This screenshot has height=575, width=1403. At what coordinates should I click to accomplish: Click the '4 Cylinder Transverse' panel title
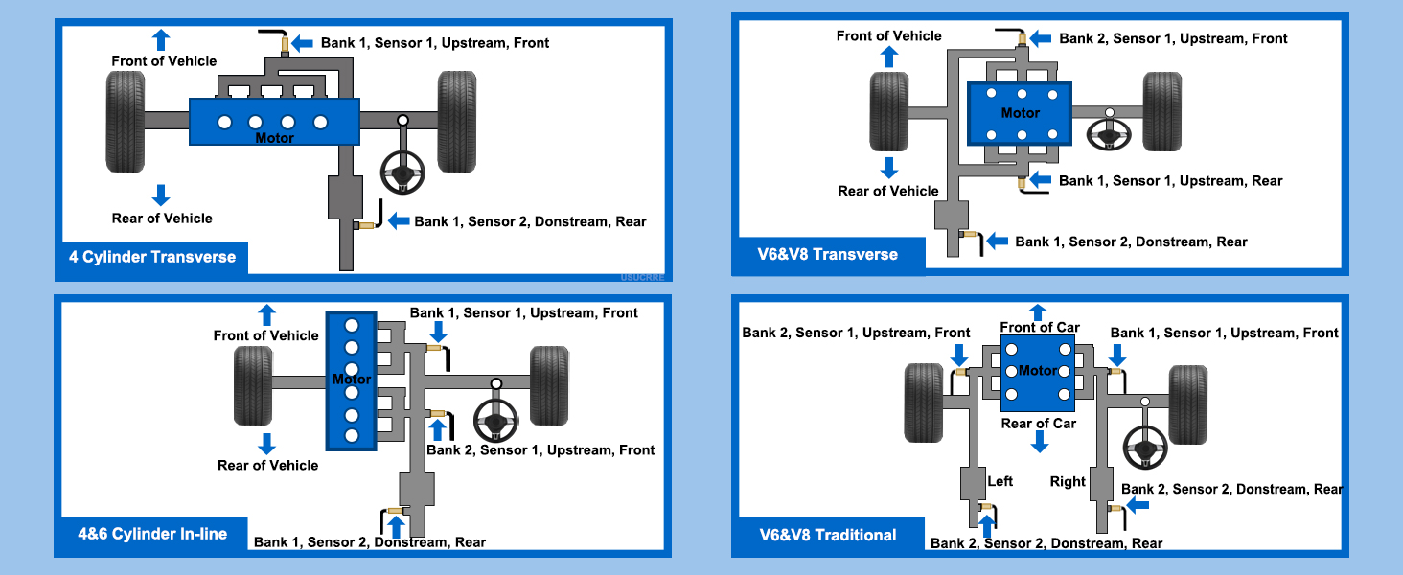pyautogui.click(x=152, y=257)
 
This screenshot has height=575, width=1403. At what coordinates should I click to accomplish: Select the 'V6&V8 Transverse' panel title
pyautogui.click(x=827, y=254)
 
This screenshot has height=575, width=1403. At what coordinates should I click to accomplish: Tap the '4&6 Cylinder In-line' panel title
pyautogui.click(x=152, y=534)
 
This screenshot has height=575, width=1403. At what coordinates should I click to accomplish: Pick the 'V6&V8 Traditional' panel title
pyautogui.click(x=827, y=535)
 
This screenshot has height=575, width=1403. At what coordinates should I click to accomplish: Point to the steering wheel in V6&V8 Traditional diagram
pyautogui.click(x=1145, y=448)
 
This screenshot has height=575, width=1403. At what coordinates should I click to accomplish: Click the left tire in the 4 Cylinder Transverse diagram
pyautogui.click(x=126, y=122)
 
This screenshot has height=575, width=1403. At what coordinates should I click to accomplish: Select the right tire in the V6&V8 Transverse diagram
pyautogui.click(x=1161, y=111)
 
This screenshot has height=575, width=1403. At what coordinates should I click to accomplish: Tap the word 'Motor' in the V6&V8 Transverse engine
pyautogui.click(x=1021, y=113)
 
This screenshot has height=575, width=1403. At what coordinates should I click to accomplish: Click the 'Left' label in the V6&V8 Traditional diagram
pyautogui.click(x=1000, y=481)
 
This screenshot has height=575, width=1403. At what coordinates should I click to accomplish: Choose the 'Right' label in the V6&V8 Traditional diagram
pyautogui.click(x=1068, y=481)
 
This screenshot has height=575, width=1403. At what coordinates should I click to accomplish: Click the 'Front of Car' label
pyautogui.click(x=1040, y=327)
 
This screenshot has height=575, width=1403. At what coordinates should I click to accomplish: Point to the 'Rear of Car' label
pyautogui.click(x=1039, y=424)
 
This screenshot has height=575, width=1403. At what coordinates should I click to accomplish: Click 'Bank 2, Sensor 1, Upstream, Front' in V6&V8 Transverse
pyautogui.click(x=1173, y=38)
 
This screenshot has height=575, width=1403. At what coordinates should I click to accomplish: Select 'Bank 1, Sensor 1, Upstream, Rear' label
pyautogui.click(x=1171, y=180)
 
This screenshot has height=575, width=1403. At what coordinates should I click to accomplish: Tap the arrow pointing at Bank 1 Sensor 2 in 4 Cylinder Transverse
pyautogui.click(x=399, y=220)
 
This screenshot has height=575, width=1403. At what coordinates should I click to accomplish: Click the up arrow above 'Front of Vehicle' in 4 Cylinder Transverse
pyautogui.click(x=161, y=39)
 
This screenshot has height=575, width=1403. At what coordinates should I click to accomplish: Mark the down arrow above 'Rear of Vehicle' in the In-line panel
pyautogui.click(x=266, y=444)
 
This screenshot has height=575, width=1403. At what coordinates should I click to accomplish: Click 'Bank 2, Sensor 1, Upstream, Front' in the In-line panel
pyautogui.click(x=540, y=449)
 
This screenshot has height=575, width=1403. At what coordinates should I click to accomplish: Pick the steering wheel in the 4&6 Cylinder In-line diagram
pyautogui.click(x=495, y=421)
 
